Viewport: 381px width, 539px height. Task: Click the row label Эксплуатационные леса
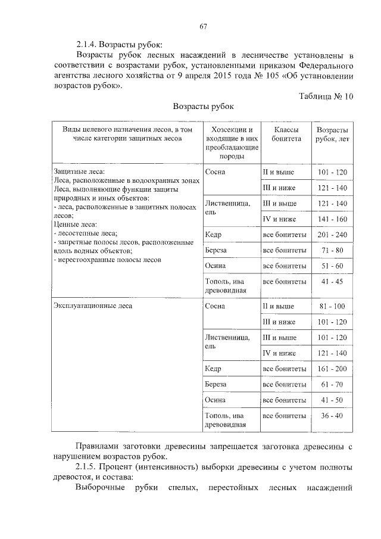tap(93, 306)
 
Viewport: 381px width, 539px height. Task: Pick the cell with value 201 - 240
tap(332, 235)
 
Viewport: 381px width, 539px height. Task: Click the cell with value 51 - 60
tap(332, 266)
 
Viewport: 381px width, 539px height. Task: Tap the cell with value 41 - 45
tap(332, 281)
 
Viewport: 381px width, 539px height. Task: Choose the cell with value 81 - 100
tap(332, 307)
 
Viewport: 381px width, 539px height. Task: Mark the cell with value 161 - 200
tap(332, 369)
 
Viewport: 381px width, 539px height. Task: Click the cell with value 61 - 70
tap(332, 385)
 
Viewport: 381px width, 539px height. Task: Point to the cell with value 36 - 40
tap(332, 415)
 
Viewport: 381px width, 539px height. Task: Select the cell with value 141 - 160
tap(332, 219)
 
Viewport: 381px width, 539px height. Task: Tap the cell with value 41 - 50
tap(332, 400)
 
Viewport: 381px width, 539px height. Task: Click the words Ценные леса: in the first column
tap(74, 225)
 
